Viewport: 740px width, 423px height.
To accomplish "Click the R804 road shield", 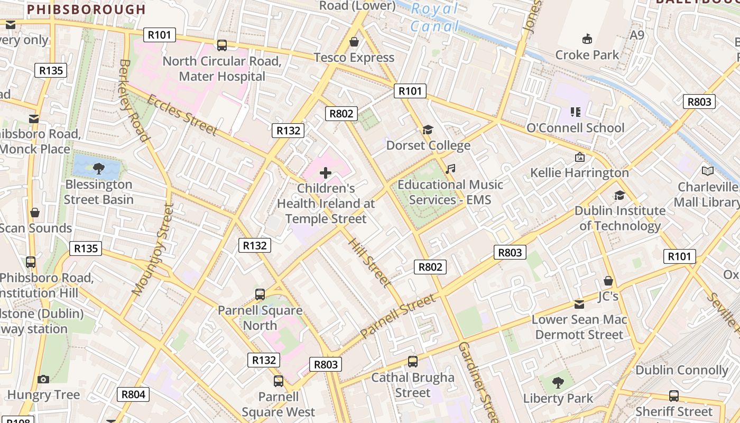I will click(x=133, y=394).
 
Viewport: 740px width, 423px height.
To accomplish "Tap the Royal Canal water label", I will click(x=434, y=17).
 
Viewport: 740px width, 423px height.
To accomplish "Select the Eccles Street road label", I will click(x=182, y=115).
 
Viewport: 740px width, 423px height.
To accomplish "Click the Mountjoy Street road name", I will click(x=153, y=249).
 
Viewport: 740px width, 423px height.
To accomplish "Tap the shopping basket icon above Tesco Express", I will click(x=354, y=41).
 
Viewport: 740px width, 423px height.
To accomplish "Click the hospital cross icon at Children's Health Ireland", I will click(x=326, y=172).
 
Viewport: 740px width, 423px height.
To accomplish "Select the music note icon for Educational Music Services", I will click(x=450, y=169).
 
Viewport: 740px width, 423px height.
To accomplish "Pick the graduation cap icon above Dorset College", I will click(x=428, y=130).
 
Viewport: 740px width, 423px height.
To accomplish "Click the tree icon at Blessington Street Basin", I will click(x=98, y=169).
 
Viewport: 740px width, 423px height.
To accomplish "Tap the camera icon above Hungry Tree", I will click(x=43, y=379).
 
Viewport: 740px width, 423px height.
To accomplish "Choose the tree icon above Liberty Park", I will click(x=558, y=382).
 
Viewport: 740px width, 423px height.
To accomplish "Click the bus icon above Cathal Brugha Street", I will click(x=413, y=362).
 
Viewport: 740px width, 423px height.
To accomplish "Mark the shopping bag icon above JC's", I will click(x=608, y=281).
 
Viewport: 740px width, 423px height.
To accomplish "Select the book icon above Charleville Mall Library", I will click(x=707, y=171).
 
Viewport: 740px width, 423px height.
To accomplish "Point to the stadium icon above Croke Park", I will click(x=587, y=39).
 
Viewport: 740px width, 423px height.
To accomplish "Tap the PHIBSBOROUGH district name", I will click(x=86, y=10).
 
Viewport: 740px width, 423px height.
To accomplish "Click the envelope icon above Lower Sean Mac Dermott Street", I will click(x=579, y=304).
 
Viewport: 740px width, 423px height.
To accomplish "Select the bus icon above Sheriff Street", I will click(x=674, y=396).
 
